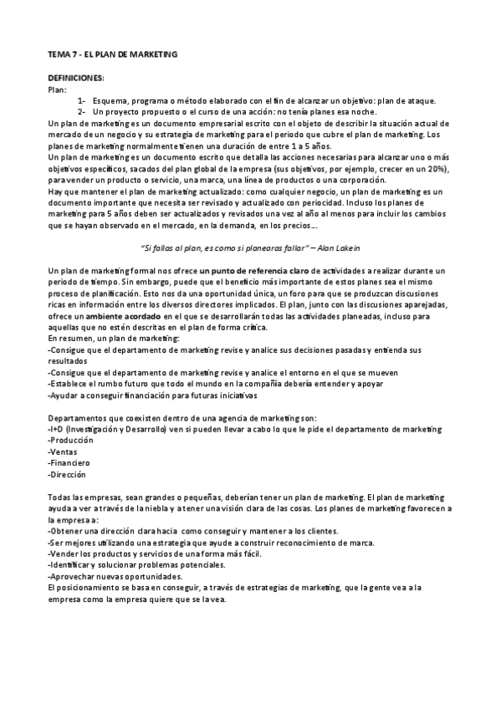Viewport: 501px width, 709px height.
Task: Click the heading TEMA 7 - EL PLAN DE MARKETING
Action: tap(112, 54)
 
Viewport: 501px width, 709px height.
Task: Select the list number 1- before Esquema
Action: tap(83, 100)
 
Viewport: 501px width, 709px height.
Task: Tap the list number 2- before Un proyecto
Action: tap(83, 112)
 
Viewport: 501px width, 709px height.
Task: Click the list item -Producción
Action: tap(72, 440)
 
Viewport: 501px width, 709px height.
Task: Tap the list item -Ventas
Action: tap(64, 451)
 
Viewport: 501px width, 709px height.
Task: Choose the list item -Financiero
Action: tap(70, 462)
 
